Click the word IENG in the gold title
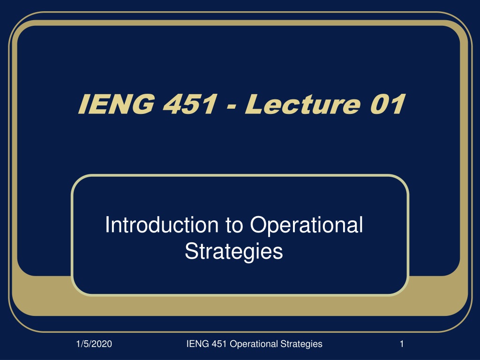tap(116, 104)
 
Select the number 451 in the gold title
tap(190, 104)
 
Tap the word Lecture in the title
tap(303, 104)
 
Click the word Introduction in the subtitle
tap(162, 225)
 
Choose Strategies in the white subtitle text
tap(234, 252)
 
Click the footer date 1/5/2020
tap(94, 344)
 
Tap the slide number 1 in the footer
tap(402, 344)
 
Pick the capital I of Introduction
tap(107, 225)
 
